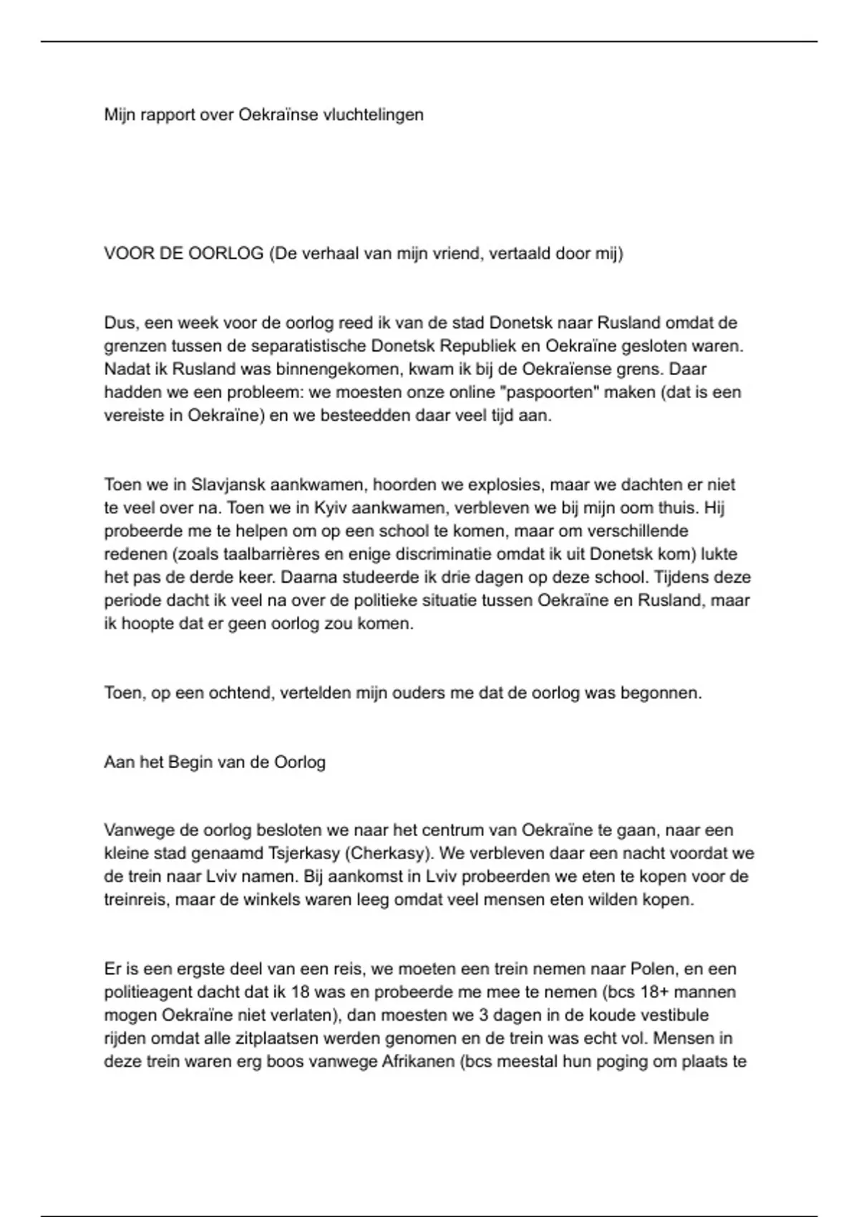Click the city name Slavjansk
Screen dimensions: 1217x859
point(227,485)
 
